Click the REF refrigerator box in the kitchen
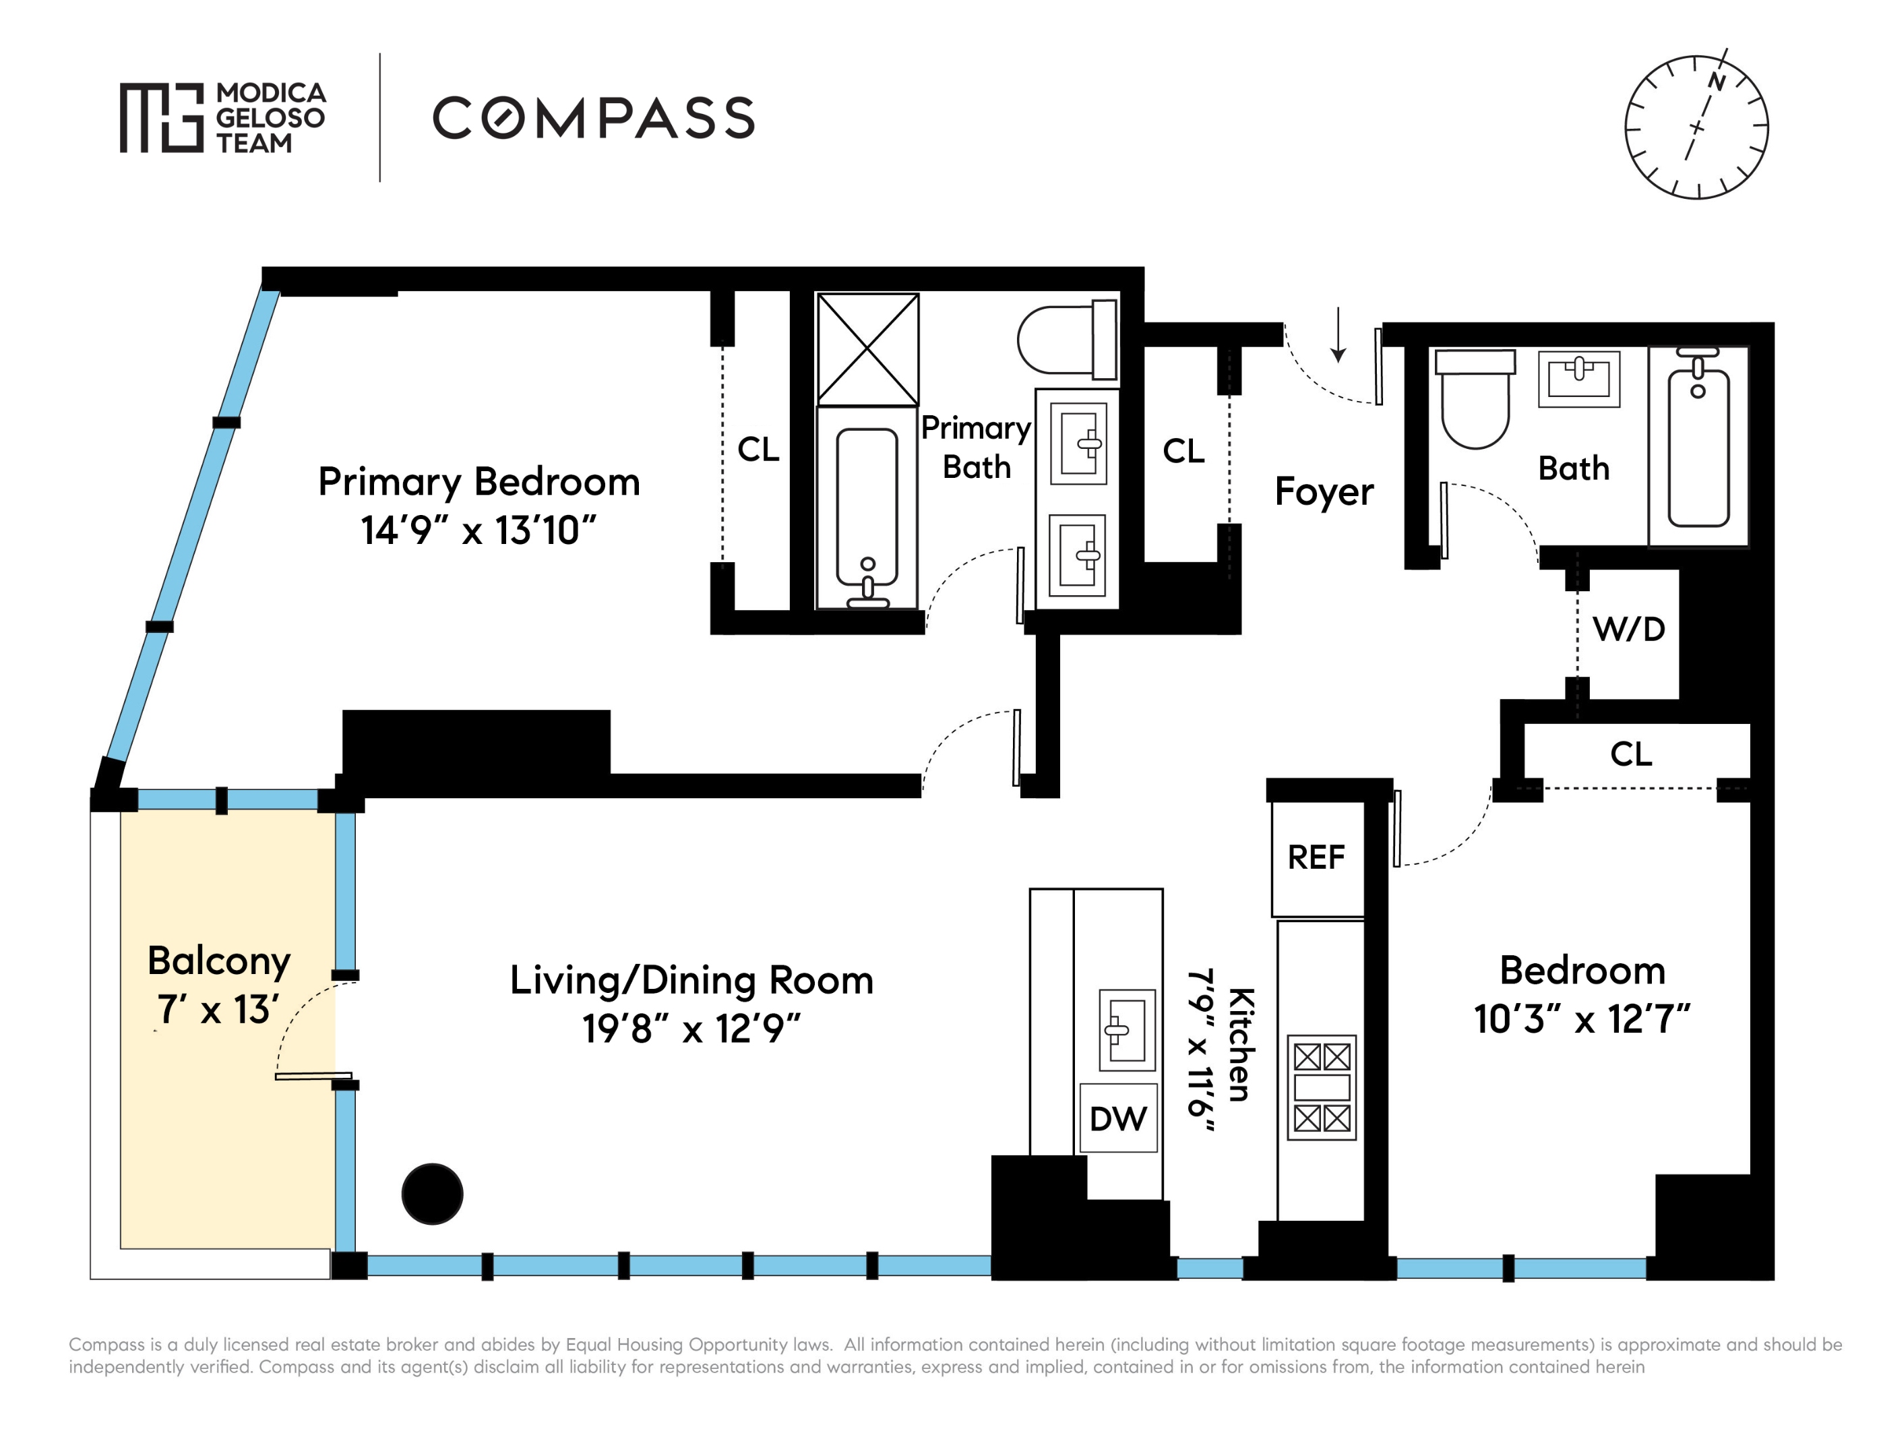click(x=1317, y=858)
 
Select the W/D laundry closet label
click(x=1629, y=629)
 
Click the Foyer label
click(x=1324, y=491)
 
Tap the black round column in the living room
click(x=433, y=1194)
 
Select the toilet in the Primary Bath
click(x=1068, y=339)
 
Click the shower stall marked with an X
click(x=867, y=348)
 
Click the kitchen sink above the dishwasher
click(x=1127, y=1030)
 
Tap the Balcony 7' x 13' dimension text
click(x=218, y=1009)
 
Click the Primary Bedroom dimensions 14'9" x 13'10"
click(x=479, y=530)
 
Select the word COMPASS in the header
click(x=594, y=118)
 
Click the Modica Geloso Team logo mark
click(x=162, y=118)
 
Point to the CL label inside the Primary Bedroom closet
click(x=758, y=449)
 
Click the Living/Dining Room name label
click(x=691, y=980)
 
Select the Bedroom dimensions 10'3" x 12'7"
click(x=1581, y=1019)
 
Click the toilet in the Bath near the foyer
click(x=1475, y=398)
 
